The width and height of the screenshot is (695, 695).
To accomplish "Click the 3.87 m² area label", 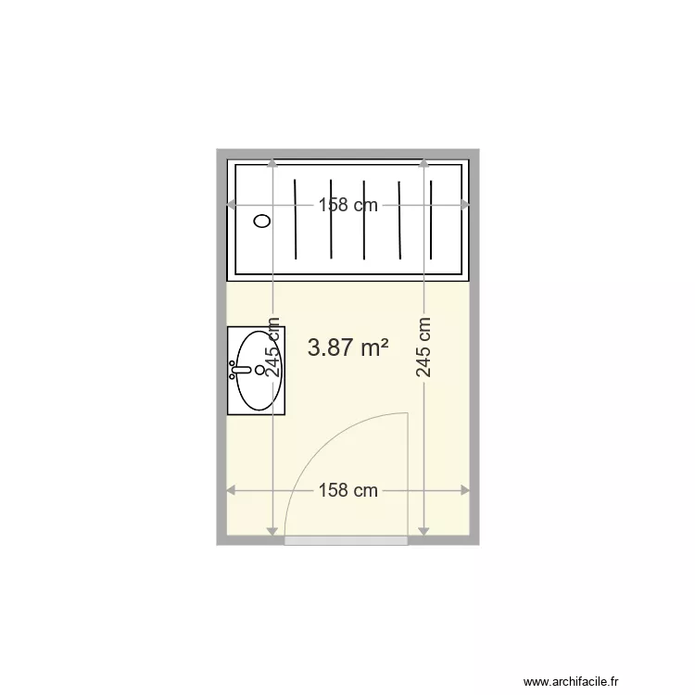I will [347, 347].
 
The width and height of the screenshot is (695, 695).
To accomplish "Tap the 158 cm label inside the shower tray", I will [347, 206].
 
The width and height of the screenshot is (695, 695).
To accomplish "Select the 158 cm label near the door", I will [347, 490].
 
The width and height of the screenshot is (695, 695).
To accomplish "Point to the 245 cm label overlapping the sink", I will [273, 347].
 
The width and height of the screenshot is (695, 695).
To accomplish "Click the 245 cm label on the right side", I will [423, 347].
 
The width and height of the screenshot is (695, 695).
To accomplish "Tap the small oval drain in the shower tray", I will [262, 221].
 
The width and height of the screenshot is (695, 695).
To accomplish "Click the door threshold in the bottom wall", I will [346, 540].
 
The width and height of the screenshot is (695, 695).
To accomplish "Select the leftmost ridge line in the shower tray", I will [295, 221].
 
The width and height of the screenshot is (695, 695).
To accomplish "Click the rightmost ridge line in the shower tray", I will [434, 221].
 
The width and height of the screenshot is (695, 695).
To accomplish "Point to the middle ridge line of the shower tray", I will [364, 221].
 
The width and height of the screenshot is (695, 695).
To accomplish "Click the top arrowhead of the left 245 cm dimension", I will [272, 163].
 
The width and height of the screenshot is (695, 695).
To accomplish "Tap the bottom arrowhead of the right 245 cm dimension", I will [423, 531].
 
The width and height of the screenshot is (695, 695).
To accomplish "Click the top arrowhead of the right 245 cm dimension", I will [423, 163].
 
